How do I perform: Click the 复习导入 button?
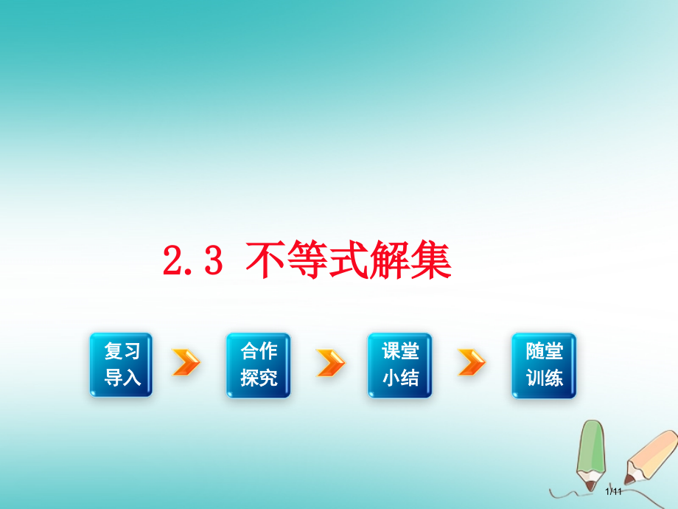point(121,365)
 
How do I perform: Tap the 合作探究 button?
point(258,365)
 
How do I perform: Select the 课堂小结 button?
point(399,365)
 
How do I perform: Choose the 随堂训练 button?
point(544,365)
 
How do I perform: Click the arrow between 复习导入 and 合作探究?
point(186,363)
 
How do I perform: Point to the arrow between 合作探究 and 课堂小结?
point(331,363)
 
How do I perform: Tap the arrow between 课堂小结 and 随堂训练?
point(472,363)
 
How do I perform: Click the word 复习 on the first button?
point(122,352)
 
